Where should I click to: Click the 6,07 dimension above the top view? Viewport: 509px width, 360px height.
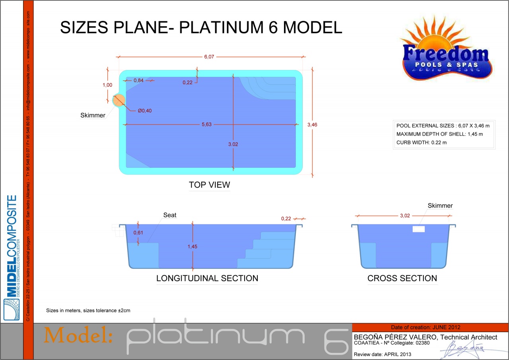[209, 56]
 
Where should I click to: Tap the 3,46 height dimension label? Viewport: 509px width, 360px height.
[312, 125]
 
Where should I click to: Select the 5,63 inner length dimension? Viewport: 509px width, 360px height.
[206, 125]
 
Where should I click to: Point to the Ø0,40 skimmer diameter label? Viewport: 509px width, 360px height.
[145, 111]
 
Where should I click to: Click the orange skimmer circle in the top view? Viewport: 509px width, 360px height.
[119, 100]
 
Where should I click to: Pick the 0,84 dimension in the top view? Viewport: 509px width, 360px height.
[138, 80]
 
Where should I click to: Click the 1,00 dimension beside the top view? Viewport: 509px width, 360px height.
[107, 85]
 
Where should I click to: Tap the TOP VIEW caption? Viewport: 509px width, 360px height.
[209, 185]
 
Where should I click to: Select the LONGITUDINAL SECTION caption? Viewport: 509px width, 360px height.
[207, 278]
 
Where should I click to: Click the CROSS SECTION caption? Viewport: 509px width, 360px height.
[402, 278]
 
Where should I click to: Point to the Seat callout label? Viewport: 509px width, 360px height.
[170, 215]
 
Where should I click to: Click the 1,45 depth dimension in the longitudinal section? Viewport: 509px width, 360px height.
[192, 247]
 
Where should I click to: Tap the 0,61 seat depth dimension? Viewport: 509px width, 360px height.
[138, 232]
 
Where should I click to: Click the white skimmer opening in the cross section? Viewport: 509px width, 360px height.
[419, 229]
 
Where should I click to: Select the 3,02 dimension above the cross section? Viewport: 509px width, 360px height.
[405, 216]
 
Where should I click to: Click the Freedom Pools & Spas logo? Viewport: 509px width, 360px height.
[446, 48]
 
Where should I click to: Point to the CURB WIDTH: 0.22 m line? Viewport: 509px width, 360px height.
[422, 142]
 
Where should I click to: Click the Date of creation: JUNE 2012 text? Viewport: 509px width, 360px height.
[425, 327]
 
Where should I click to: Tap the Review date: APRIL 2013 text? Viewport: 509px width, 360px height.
[383, 354]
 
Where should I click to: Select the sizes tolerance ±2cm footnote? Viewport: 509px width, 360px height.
[88, 310]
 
